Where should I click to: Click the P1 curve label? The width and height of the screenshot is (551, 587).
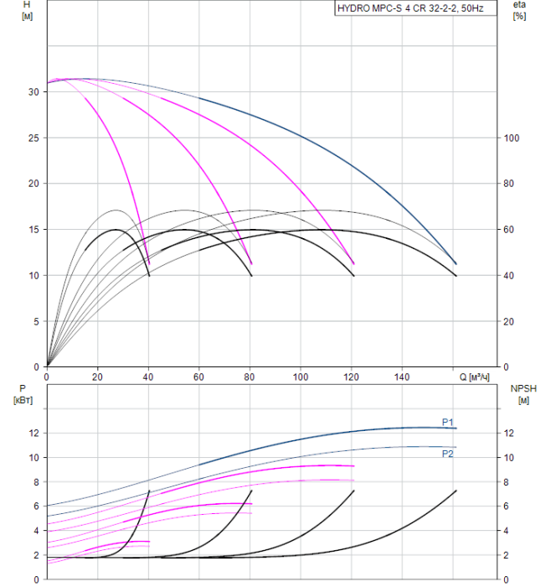point(448,422)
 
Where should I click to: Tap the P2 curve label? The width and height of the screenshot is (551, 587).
point(448,454)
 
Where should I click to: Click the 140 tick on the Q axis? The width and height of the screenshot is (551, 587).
point(403,377)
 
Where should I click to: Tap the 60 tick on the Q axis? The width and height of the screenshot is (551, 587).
point(199,377)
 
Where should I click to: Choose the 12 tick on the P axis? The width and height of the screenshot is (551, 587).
point(34,433)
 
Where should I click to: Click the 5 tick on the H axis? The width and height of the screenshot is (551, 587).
point(36,321)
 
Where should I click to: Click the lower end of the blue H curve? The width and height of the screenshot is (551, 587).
point(456,264)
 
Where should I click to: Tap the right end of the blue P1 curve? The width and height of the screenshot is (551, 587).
point(456,429)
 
